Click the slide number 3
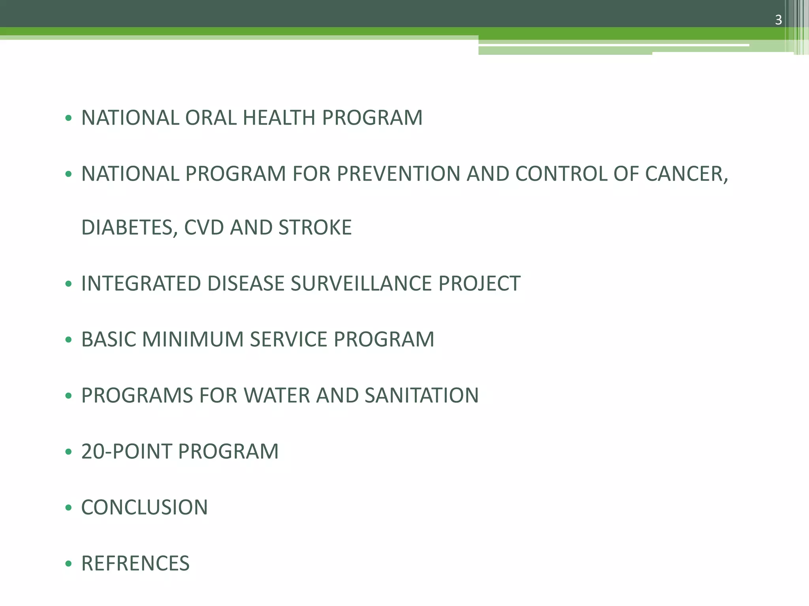coord(778,20)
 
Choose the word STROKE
coord(315,228)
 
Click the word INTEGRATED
coord(141,284)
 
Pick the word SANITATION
coord(421,396)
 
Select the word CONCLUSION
coord(144,508)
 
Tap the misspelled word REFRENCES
coord(135,564)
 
